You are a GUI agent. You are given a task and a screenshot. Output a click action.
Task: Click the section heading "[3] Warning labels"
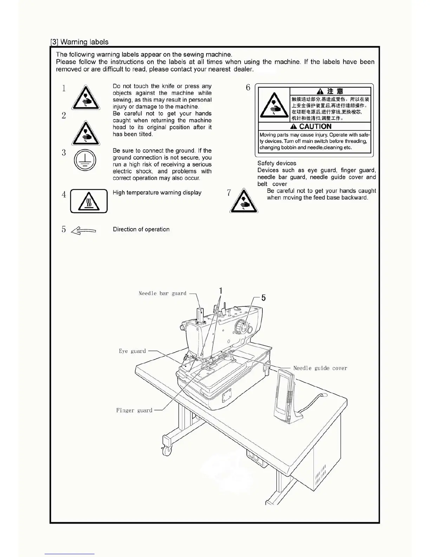(79, 42)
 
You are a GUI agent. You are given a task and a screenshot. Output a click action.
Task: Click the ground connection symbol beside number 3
(85, 160)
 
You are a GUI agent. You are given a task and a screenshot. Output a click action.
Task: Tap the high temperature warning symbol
(89, 201)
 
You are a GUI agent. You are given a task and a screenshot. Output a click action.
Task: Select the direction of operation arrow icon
(84, 231)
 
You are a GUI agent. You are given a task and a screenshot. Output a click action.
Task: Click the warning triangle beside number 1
(86, 98)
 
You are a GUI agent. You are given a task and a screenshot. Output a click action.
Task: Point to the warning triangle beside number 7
(244, 201)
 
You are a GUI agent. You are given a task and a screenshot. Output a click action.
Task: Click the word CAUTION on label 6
(315, 127)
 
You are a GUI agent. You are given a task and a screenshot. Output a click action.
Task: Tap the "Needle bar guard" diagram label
(162, 293)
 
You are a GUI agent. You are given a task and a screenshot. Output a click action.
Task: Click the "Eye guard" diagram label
(132, 351)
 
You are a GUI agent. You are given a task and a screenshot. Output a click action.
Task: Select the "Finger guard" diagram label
(134, 410)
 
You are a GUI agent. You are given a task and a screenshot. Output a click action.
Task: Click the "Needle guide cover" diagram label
(320, 368)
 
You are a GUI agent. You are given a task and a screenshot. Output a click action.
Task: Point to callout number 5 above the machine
(263, 298)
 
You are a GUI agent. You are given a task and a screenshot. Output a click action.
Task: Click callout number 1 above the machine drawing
(221, 290)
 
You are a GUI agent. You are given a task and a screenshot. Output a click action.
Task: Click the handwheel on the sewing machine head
(241, 327)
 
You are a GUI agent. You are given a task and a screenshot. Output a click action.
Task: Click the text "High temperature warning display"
(157, 193)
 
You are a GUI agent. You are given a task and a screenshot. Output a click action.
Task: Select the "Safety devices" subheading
(276, 163)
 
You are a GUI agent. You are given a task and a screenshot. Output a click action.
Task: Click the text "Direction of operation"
(141, 229)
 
